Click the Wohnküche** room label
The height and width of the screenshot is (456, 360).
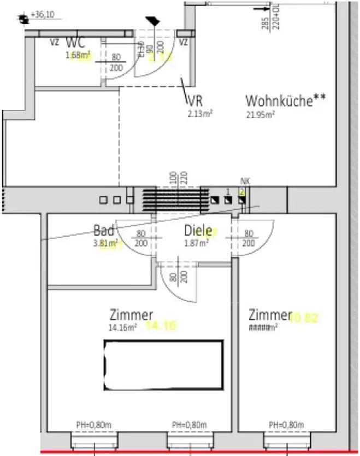click(286, 101)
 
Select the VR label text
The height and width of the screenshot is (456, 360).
click(195, 101)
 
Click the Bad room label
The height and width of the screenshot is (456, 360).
click(104, 230)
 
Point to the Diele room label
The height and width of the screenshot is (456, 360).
click(197, 230)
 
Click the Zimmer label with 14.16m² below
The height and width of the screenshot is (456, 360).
click(131, 315)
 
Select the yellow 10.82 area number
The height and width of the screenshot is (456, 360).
click(304, 317)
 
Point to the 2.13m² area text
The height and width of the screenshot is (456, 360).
click(199, 114)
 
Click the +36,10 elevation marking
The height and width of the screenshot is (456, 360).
click(46, 14)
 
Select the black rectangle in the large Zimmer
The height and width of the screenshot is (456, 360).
click(163, 365)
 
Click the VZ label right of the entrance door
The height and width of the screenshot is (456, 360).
click(184, 42)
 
